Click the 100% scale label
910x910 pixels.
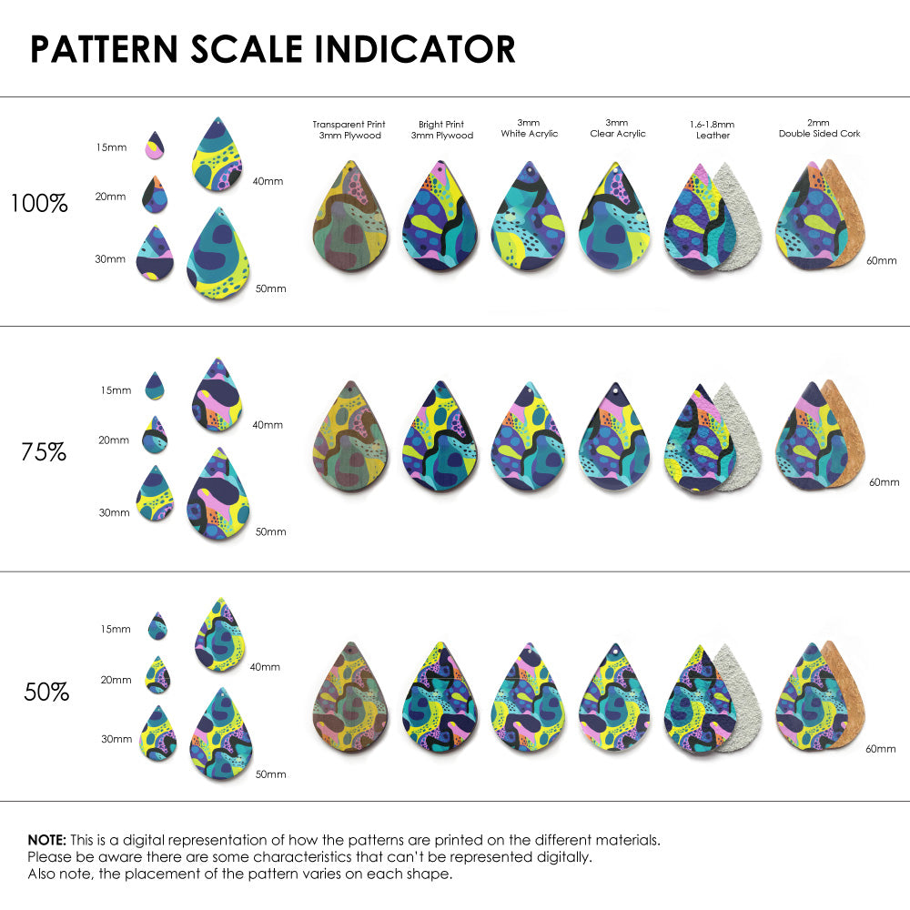(x=39, y=204)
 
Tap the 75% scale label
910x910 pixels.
(x=44, y=451)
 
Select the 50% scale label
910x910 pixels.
(x=46, y=693)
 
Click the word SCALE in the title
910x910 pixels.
(x=246, y=49)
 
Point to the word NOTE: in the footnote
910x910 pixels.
(x=45, y=840)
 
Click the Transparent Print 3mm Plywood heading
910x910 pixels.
(x=349, y=130)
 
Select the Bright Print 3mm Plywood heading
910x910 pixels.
(x=441, y=130)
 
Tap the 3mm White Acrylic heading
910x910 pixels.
(x=530, y=128)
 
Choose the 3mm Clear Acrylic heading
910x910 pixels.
(x=617, y=128)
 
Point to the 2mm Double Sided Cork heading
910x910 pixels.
(x=819, y=128)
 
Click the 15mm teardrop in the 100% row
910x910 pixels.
(x=156, y=145)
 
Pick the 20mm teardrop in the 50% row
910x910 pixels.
(x=157, y=676)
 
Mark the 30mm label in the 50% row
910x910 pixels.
(x=116, y=739)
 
